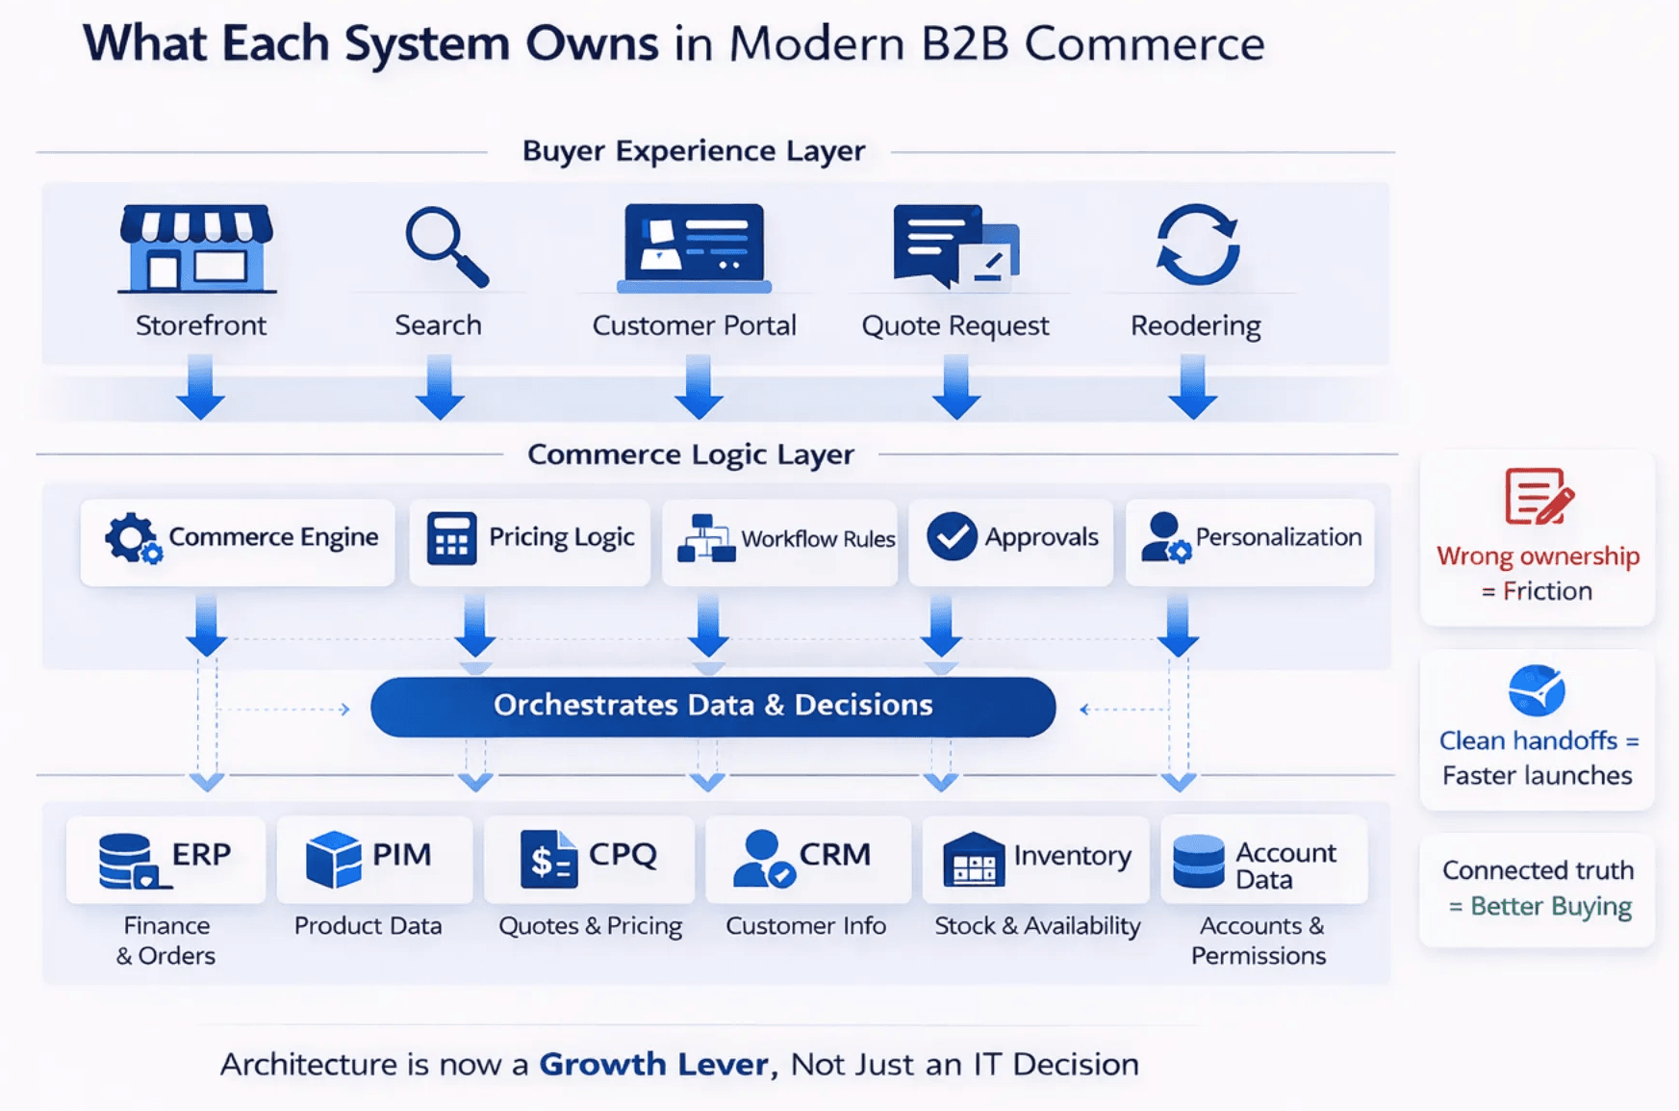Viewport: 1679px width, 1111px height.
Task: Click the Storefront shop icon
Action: tap(197, 248)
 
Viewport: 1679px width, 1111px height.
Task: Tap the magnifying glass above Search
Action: tap(445, 246)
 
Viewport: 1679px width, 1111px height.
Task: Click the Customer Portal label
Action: tap(694, 325)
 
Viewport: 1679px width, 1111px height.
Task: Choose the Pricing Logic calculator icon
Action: tap(451, 538)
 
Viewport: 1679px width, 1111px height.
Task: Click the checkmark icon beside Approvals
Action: tap(952, 537)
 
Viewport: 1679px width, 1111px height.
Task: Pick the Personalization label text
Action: tap(1278, 537)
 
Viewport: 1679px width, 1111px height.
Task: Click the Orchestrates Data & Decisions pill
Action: tap(713, 706)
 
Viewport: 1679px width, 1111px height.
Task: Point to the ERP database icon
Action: tap(129, 861)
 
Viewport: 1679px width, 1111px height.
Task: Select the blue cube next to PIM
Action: tap(333, 859)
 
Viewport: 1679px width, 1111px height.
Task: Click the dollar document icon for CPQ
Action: tap(547, 859)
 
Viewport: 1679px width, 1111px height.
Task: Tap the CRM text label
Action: tap(834, 855)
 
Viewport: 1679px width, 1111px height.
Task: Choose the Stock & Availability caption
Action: tap(1037, 926)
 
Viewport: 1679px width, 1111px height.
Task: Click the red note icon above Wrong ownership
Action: tap(1539, 497)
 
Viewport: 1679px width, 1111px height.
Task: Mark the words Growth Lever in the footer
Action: tap(653, 1064)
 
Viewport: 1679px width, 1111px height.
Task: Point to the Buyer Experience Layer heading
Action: tap(694, 151)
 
